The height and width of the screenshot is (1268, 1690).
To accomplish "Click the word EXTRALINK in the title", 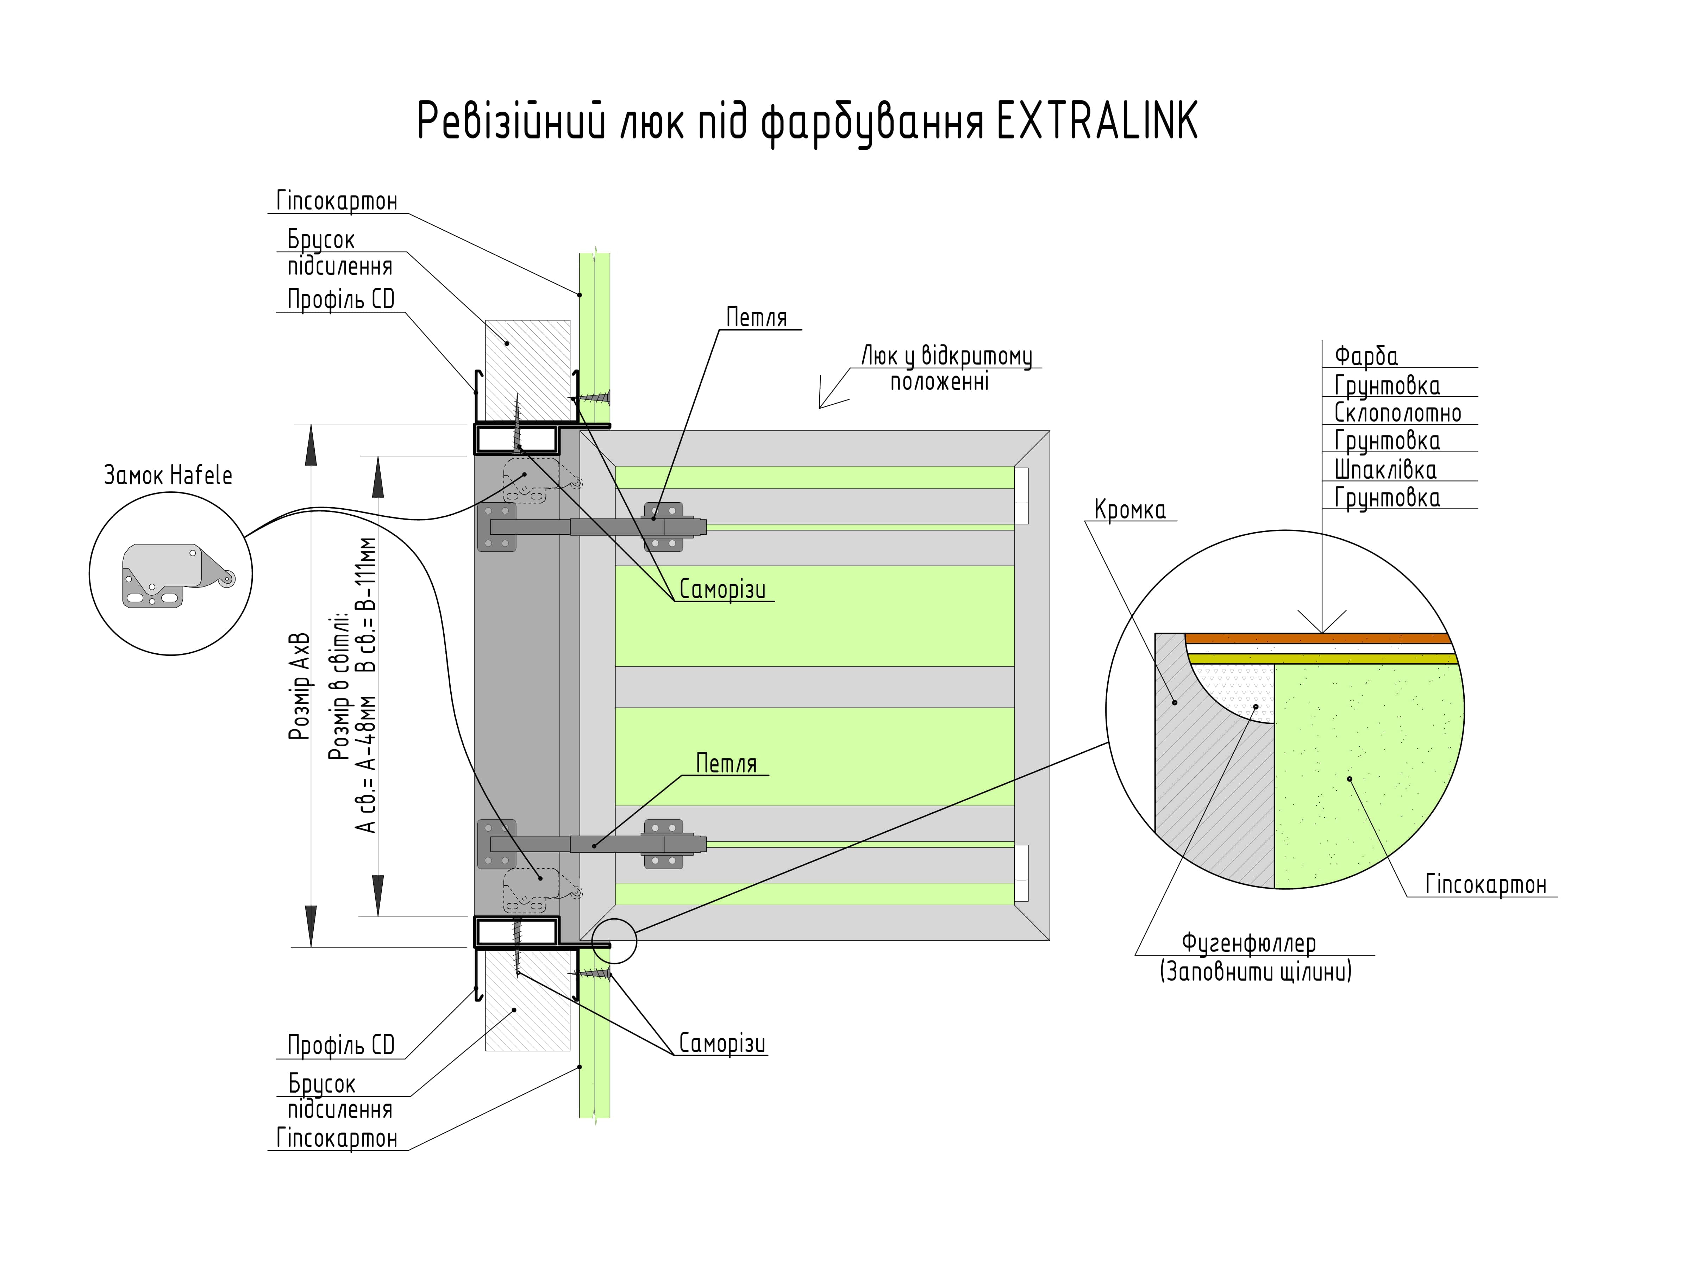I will (1097, 121).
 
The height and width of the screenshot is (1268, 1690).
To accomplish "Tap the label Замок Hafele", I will (168, 475).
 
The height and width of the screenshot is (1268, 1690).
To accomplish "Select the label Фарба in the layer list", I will (1366, 356).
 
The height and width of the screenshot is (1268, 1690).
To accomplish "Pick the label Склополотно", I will (1397, 414).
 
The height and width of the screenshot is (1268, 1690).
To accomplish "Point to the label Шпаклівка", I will (1385, 469).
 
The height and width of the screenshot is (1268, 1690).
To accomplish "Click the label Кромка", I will (1130, 510).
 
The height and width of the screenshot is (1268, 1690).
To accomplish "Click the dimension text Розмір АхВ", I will (300, 685).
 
